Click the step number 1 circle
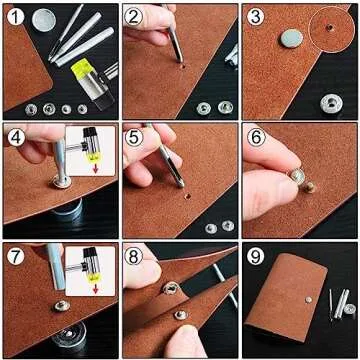[x=16, y=17]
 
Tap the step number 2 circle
[x=135, y=17]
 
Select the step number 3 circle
[x=255, y=17]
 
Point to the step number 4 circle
[x=16, y=137]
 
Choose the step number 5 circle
[x=135, y=137]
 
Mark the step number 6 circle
[x=255, y=137]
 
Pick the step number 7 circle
[x=16, y=256]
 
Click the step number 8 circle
[x=135, y=256]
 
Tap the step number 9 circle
[x=255, y=256]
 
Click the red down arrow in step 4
[x=94, y=166]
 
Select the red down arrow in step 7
[x=94, y=287]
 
